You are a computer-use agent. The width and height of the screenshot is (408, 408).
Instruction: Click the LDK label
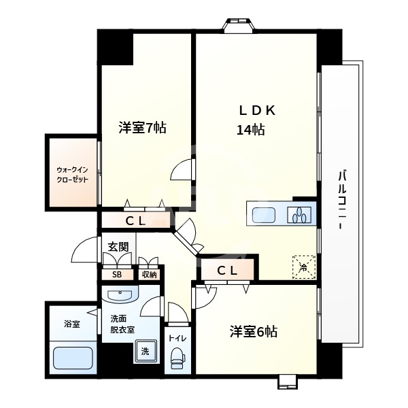tap(257, 111)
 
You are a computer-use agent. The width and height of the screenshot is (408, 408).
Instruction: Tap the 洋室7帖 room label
tap(143, 128)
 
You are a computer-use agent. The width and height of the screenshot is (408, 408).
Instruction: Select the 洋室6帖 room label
tap(254, 332)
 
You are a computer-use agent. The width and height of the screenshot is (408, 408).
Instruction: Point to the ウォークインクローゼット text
tap(73, 175)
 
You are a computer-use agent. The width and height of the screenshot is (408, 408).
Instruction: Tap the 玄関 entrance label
tap(118, 247)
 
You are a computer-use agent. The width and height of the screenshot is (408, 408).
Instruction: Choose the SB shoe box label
tap(117, 275)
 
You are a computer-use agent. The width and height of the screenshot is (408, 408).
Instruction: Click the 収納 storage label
tap(150, 275)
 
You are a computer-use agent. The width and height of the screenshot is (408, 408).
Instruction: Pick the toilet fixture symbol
tap(178, 358)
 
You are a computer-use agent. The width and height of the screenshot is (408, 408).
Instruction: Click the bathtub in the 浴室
tap(73, 358)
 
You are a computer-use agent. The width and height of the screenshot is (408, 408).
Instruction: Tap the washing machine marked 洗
tap(146, 352)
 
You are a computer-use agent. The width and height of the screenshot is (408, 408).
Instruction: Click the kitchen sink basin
tap(264, 215)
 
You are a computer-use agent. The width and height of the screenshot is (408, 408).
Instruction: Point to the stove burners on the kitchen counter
tap(299, 215)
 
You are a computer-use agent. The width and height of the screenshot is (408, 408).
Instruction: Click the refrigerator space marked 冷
tap(304, 267)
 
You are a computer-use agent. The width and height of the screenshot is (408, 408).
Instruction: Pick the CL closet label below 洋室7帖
tap(135, 221)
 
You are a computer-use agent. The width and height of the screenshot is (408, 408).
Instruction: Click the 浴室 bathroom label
tap(72, 324)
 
